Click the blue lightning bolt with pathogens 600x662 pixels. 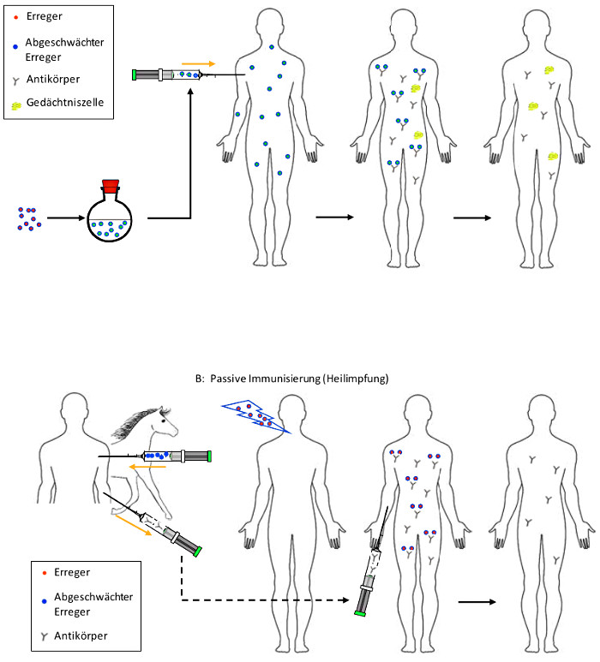click(x=255, y=416)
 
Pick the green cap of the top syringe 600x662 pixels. click(x=135, y=75)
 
